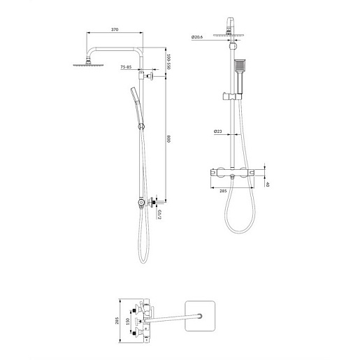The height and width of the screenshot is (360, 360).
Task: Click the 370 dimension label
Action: point(115,29)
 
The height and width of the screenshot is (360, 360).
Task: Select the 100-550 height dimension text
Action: point(169,62)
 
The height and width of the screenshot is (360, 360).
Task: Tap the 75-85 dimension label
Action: point(126,67)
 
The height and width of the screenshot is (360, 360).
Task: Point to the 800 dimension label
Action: point(169,139)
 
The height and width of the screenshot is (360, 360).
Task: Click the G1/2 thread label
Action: point(159,215)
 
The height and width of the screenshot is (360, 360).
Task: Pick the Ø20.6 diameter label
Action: point(197,37)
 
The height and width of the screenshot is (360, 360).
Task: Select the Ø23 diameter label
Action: point(218,131)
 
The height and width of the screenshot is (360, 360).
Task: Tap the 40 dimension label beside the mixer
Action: point(268,184)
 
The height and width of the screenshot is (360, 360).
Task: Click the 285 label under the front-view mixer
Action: point(223,191)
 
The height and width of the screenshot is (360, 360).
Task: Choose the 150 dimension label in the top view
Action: point(127,322)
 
